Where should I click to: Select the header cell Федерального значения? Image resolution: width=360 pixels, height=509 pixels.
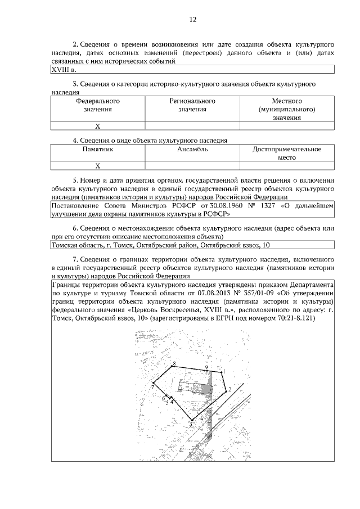[98, 105]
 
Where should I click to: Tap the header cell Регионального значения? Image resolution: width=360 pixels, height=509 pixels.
[192, 105]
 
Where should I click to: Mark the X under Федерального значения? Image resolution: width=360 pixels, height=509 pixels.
[97, 127]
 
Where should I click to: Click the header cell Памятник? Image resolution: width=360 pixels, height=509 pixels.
[98, 150]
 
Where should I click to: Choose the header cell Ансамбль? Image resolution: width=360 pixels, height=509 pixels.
[192, 150]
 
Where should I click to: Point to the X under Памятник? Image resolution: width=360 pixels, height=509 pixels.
[97, 166]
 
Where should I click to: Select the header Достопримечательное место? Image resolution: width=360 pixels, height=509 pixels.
[287, 154]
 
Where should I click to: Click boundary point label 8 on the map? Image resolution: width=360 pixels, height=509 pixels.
[174, 364]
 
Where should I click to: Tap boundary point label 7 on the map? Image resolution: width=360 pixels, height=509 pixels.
[152, 388]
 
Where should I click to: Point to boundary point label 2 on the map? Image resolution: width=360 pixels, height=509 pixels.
[229, 389]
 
